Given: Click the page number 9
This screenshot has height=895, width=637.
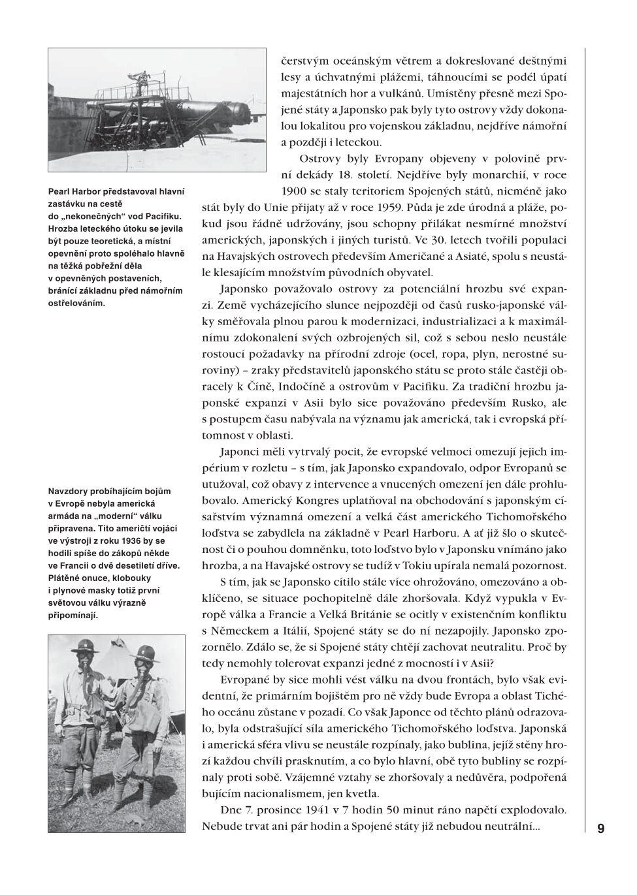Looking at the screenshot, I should (x=600, y=828).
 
